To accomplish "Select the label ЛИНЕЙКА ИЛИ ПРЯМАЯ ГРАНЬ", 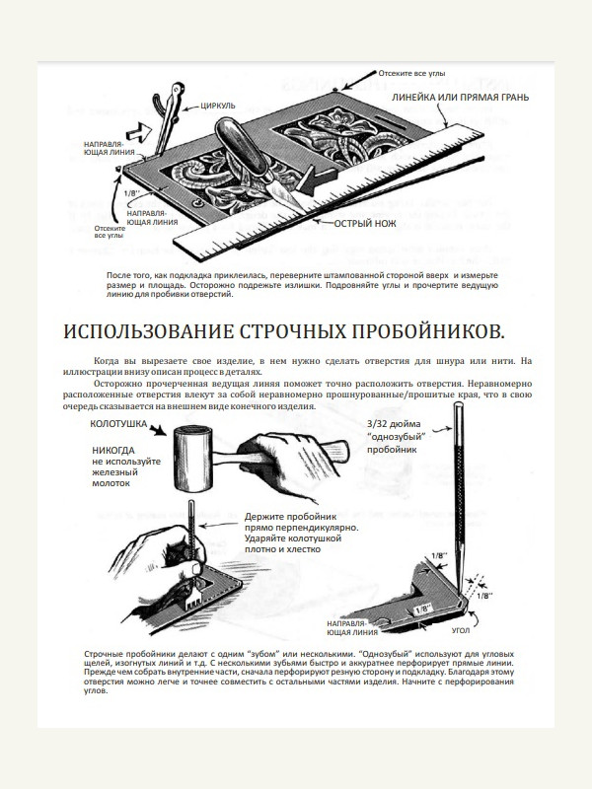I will (460, 99).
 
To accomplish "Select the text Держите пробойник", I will (292, 516).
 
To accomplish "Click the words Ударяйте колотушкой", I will (295, 540).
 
